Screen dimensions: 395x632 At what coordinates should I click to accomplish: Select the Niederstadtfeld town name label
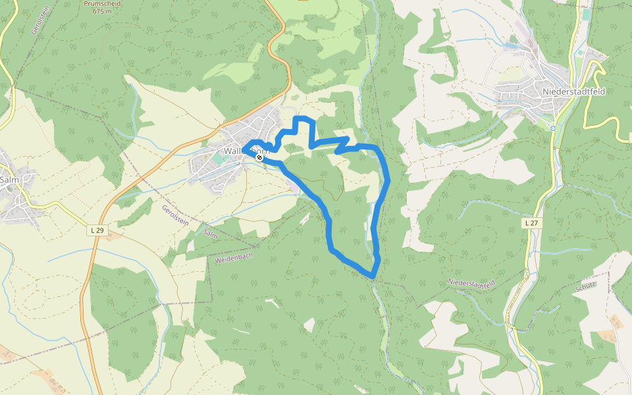pos(573,92)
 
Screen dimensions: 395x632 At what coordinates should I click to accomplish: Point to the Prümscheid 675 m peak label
pos(102,7)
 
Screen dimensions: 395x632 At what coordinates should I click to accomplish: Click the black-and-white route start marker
pos(259,157)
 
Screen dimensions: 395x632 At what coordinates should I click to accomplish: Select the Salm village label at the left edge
pos(9,179)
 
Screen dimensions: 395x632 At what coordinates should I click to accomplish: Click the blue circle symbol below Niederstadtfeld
pos(553,128)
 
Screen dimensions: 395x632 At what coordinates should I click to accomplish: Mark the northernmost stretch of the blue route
pos(303,118)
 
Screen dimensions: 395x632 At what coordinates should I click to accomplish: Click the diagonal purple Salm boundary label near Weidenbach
pos(211,234)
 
